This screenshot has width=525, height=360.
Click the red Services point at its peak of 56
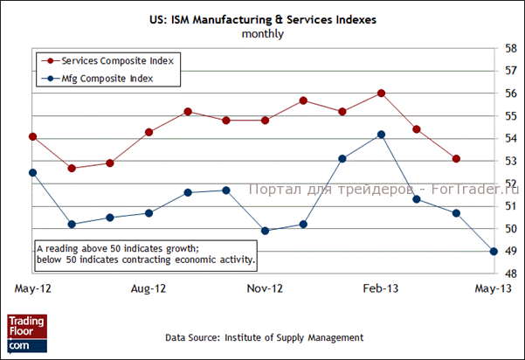tap(382, 93)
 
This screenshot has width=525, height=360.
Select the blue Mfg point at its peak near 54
tap(382, 135)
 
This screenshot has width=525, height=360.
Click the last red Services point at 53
tap(456, 159)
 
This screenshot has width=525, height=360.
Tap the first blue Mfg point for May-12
tap(32, 173)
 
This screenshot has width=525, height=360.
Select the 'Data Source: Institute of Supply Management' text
tap(265, 337)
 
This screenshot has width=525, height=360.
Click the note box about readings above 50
tap(146, 253)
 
